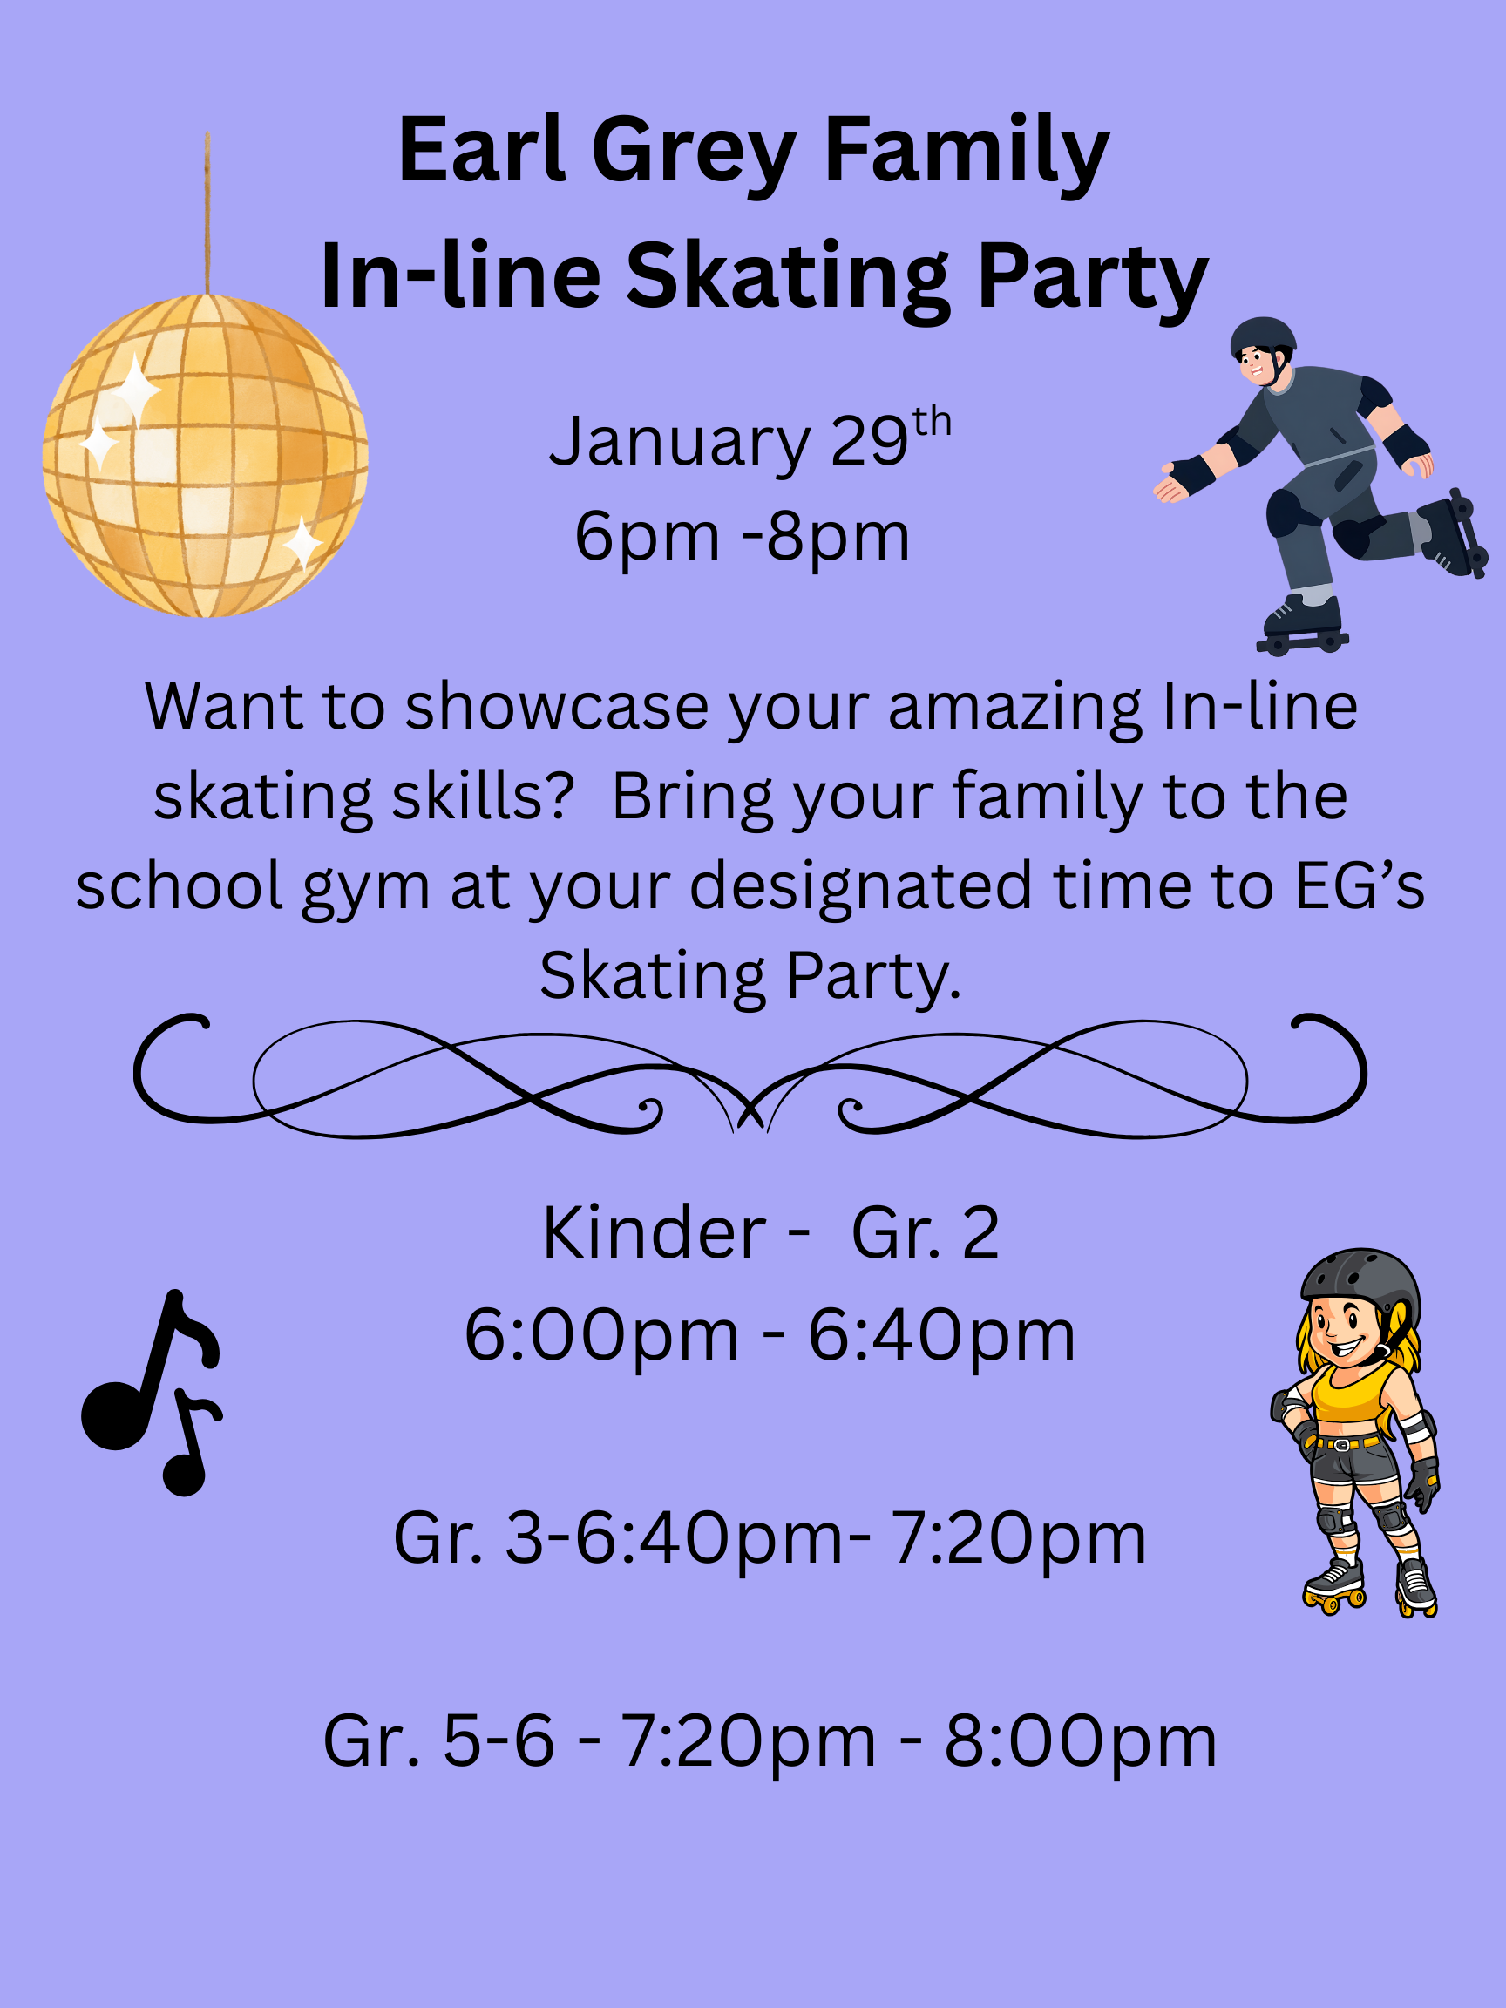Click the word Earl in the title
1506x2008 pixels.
pos(481,150)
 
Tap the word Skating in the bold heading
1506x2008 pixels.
pos(787,277)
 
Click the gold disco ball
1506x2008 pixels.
pos(205,456)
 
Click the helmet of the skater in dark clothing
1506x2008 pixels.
pos(1263,335)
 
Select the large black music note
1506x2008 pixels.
pos(146,1371)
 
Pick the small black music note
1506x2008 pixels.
pos(189,1445)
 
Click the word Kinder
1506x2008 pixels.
pos(655,1234)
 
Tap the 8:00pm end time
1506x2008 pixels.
pos(1080,1742)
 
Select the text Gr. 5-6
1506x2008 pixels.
pos(438,1742)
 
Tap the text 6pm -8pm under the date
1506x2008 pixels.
pos(742,537)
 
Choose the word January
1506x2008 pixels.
pos(680,442)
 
